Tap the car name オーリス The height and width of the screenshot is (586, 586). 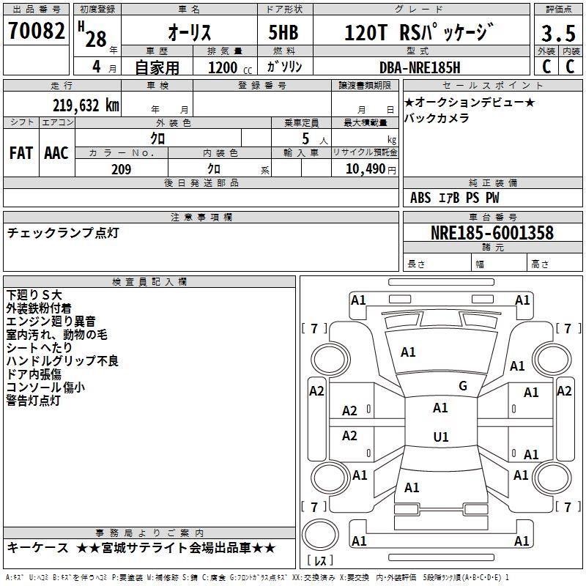click(x=189, y=33)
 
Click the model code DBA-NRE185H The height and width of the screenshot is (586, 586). click(x=420, y=67)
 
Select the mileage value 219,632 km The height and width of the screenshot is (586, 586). click(x=86, y=105)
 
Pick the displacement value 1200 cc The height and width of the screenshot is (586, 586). click(x=225, y=67)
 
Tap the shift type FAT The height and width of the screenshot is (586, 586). click(x=21, y=152)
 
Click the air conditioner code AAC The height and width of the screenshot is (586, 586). click(x=56, y=152)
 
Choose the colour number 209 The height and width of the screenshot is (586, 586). click(x=121, y=169)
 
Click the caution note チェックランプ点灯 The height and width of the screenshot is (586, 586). click(x=62, y=233)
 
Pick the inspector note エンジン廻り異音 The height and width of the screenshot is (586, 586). click(x=51, y=321)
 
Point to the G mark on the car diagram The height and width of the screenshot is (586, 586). click(x=463, y=386)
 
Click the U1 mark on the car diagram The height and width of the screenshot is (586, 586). click(x=440, y=437)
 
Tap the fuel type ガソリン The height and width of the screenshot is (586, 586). click(x=288, y=67)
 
